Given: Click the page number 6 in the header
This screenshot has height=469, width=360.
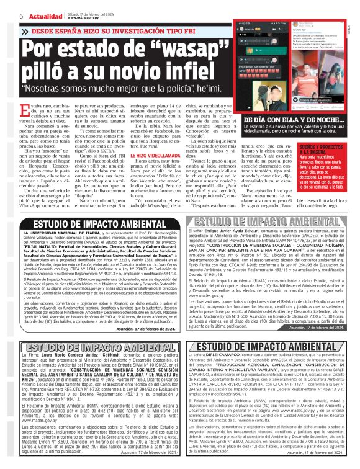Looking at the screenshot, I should coord(5,16).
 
